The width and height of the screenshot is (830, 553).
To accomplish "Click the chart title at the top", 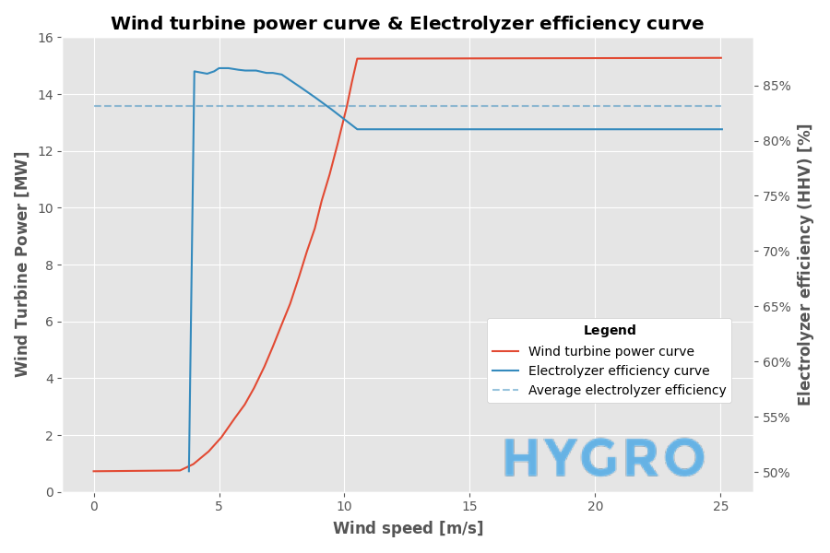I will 407,24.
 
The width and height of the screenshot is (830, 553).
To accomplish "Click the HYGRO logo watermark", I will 604,460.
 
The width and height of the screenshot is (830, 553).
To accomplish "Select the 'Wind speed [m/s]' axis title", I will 408,528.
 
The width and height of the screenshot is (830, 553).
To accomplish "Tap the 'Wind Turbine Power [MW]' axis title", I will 22,264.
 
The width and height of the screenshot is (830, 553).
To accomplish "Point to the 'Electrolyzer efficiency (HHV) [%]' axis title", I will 805,265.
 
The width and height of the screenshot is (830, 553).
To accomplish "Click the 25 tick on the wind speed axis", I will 721,505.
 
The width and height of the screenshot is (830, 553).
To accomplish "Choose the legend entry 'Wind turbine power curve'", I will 611,351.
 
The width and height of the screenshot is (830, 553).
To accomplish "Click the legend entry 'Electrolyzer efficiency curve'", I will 618,371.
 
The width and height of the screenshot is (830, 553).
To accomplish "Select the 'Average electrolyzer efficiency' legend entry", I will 626,390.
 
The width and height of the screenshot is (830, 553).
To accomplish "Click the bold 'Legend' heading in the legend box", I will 610,331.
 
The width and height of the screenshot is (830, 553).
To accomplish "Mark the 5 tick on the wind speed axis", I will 219,505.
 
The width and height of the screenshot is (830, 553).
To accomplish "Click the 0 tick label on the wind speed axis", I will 93,505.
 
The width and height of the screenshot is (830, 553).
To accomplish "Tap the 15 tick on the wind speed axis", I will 469,505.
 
